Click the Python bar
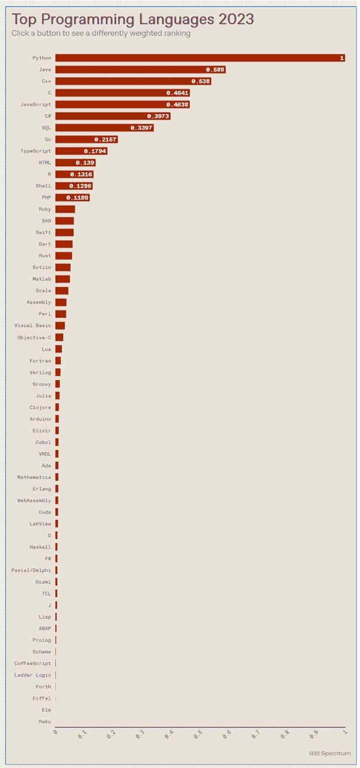[200, 58]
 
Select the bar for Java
[140, 70]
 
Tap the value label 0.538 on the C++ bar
[201, 81]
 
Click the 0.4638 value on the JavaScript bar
[178, 105]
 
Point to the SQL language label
[46, 128]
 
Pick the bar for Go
[86, 139]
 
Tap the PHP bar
[72, 198]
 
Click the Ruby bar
[65, 209]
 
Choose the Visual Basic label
[32, 325]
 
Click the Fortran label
[40, 360]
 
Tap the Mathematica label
[34, 477]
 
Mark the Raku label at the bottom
[44, 721]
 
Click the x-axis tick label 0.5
[198, 734]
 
